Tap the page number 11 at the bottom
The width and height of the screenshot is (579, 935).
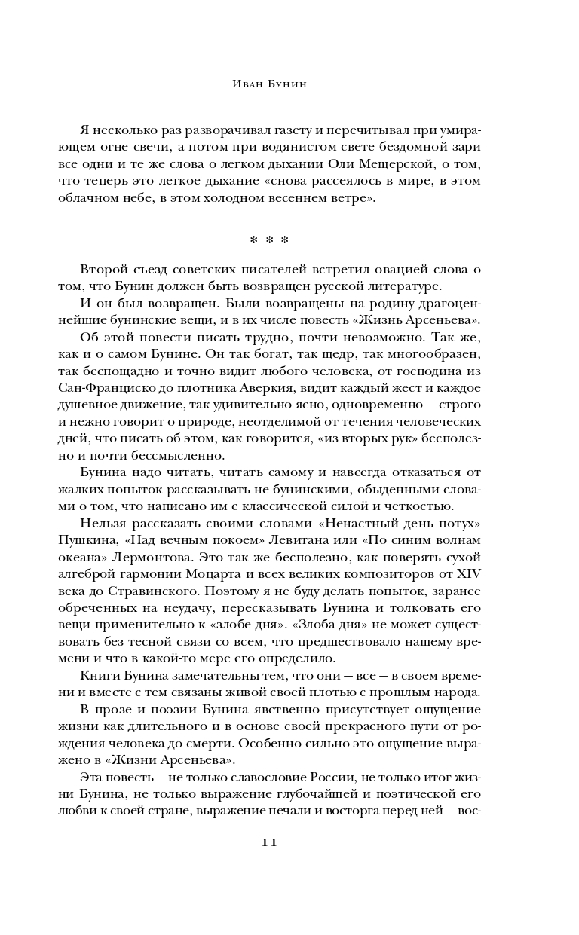(x=269, y=842)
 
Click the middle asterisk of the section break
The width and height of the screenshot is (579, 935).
(x=269, y=240)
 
